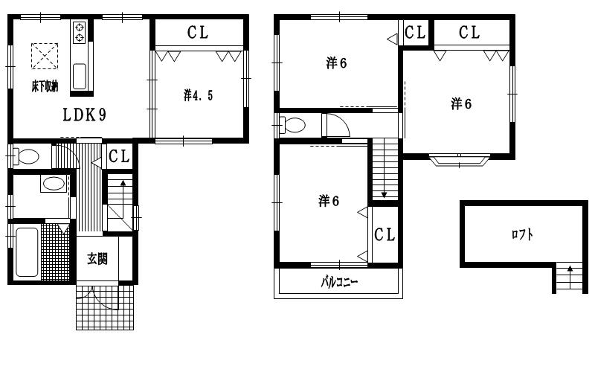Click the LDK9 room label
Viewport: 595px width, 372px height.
point(84,115)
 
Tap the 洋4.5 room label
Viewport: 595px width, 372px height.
point(198,95)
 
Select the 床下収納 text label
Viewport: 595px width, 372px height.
point(45,86)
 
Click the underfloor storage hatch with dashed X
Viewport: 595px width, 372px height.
point(45,57)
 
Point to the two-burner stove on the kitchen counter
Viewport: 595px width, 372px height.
point(80,32)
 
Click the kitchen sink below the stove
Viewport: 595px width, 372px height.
point(80,77)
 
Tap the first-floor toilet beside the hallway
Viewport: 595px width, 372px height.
point(26,156)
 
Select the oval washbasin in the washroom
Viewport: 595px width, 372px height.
point(54,184)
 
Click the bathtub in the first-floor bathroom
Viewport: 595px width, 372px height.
point(27,252)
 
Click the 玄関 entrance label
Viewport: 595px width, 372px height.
point(97,259)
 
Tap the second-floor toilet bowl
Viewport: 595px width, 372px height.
point(292,125)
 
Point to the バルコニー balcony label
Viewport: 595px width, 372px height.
point(339,283)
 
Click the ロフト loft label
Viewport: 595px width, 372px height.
point(522,234)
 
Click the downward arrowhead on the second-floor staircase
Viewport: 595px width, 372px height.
point(384,195)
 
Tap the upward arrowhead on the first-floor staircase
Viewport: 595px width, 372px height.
point(123,182)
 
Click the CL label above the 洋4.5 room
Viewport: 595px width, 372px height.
point(198,32)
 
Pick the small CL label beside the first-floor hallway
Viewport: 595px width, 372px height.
point(119,156)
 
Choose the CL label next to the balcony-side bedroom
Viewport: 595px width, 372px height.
point(385,234)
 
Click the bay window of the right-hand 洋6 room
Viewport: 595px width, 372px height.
point(460,160)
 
